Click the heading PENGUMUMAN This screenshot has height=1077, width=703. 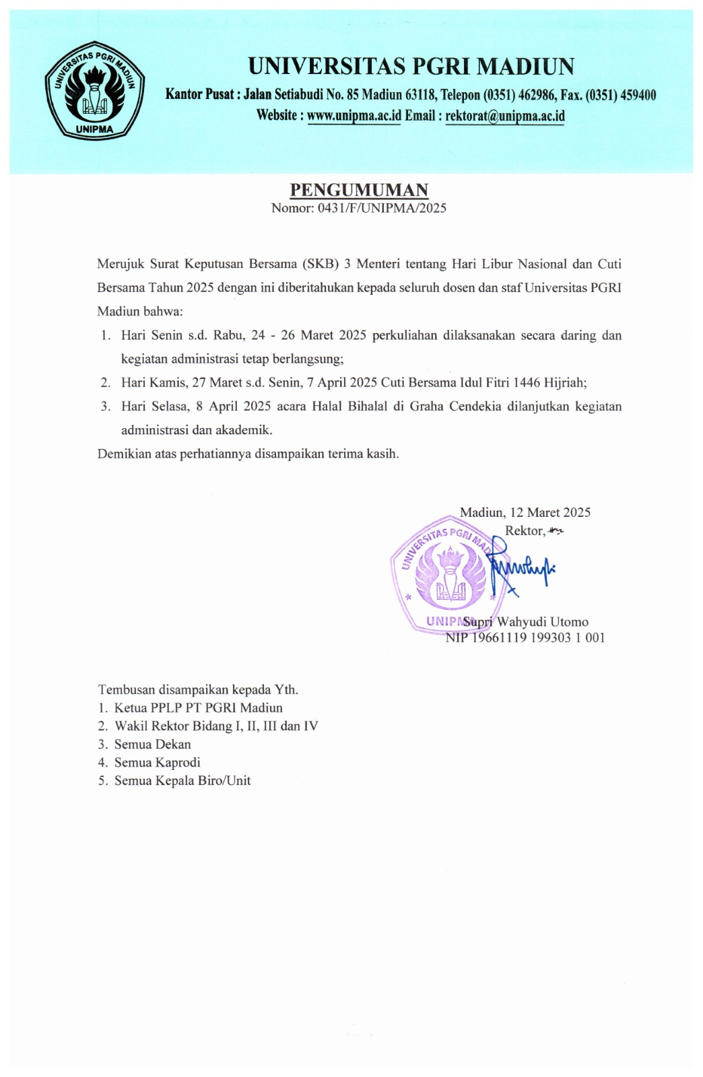tap(358, 190)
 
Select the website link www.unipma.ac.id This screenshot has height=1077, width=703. tap(354, 116)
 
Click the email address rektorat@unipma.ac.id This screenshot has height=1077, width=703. tap(505, 116)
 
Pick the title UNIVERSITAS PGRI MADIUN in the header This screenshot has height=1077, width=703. tap(411, 67)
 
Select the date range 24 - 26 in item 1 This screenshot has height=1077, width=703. tap(274, 335)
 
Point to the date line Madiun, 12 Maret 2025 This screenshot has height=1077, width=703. tap(525, 512)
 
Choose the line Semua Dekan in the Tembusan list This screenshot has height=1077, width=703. tap(153, 744)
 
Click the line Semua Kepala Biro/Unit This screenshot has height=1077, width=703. tap(182, 781)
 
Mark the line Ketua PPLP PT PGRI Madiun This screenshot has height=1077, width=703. tap(199, 708)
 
